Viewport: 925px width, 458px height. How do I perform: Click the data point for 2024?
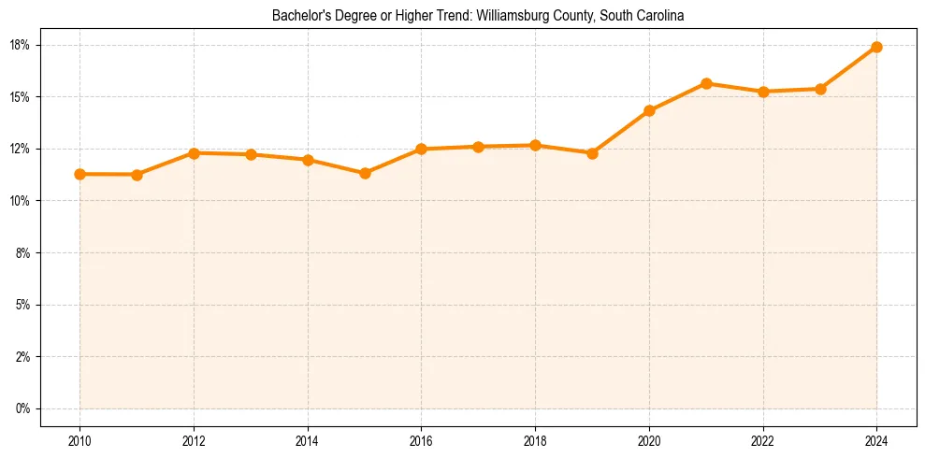tap(876, 47)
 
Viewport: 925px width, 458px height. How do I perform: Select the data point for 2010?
tap(79, 174)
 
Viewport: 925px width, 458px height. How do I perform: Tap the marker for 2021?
tap(706, 83)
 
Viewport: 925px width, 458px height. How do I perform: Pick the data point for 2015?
tap(365, 173)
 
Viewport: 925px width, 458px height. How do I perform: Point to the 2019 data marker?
tap(592, 153)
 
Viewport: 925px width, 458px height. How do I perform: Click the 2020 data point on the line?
tap(649, 110)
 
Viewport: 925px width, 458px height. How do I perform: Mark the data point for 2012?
tap(194, 152)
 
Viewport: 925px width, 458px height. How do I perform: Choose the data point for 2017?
tap(478, 147)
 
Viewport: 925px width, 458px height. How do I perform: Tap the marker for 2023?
tap(820, 89)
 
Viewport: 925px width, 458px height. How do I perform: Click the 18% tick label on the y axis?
tap(21, 45)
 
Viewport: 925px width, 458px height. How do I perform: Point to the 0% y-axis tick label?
tap(23, 408)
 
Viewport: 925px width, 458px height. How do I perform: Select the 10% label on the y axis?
tap(21, 201)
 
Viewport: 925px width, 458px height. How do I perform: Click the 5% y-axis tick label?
tap(23, 305)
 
